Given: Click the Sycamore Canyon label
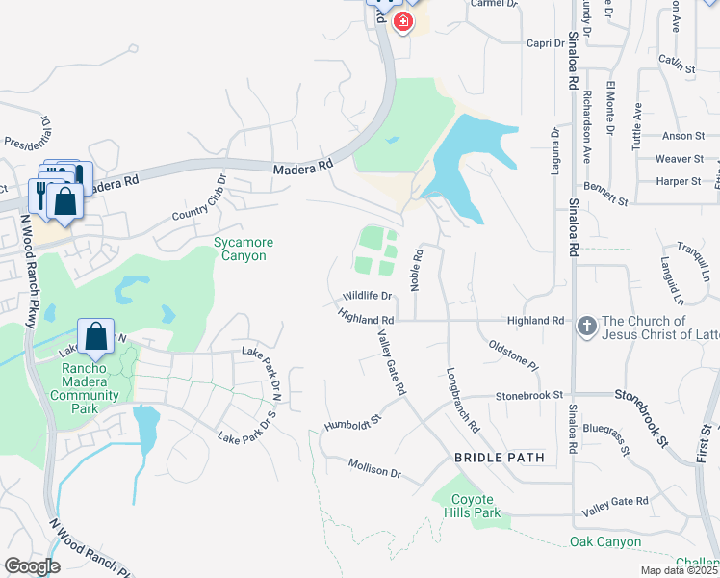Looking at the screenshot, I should pyautogui.click(x=240, y=248).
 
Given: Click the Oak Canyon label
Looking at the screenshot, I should pyautogui.click(x=605, y=542).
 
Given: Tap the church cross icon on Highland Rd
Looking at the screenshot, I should pyautogui.click(x=585, y=328).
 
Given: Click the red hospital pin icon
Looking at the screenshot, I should pyautogui.click(x=403, y=21).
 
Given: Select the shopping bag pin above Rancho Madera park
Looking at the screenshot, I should pyautogui.click(x=96, y=336).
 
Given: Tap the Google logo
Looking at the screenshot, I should pyautogui.click(x=32, y=566).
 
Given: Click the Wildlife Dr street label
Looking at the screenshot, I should pyautogui.click(x=368, y=296).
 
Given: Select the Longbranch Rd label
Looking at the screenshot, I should pyautogui.click(x=462, y=399).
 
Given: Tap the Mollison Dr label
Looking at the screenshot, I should pyautogui.click(x=374, y=471).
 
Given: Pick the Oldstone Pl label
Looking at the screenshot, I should pyautogui.click(x=513, y=354).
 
